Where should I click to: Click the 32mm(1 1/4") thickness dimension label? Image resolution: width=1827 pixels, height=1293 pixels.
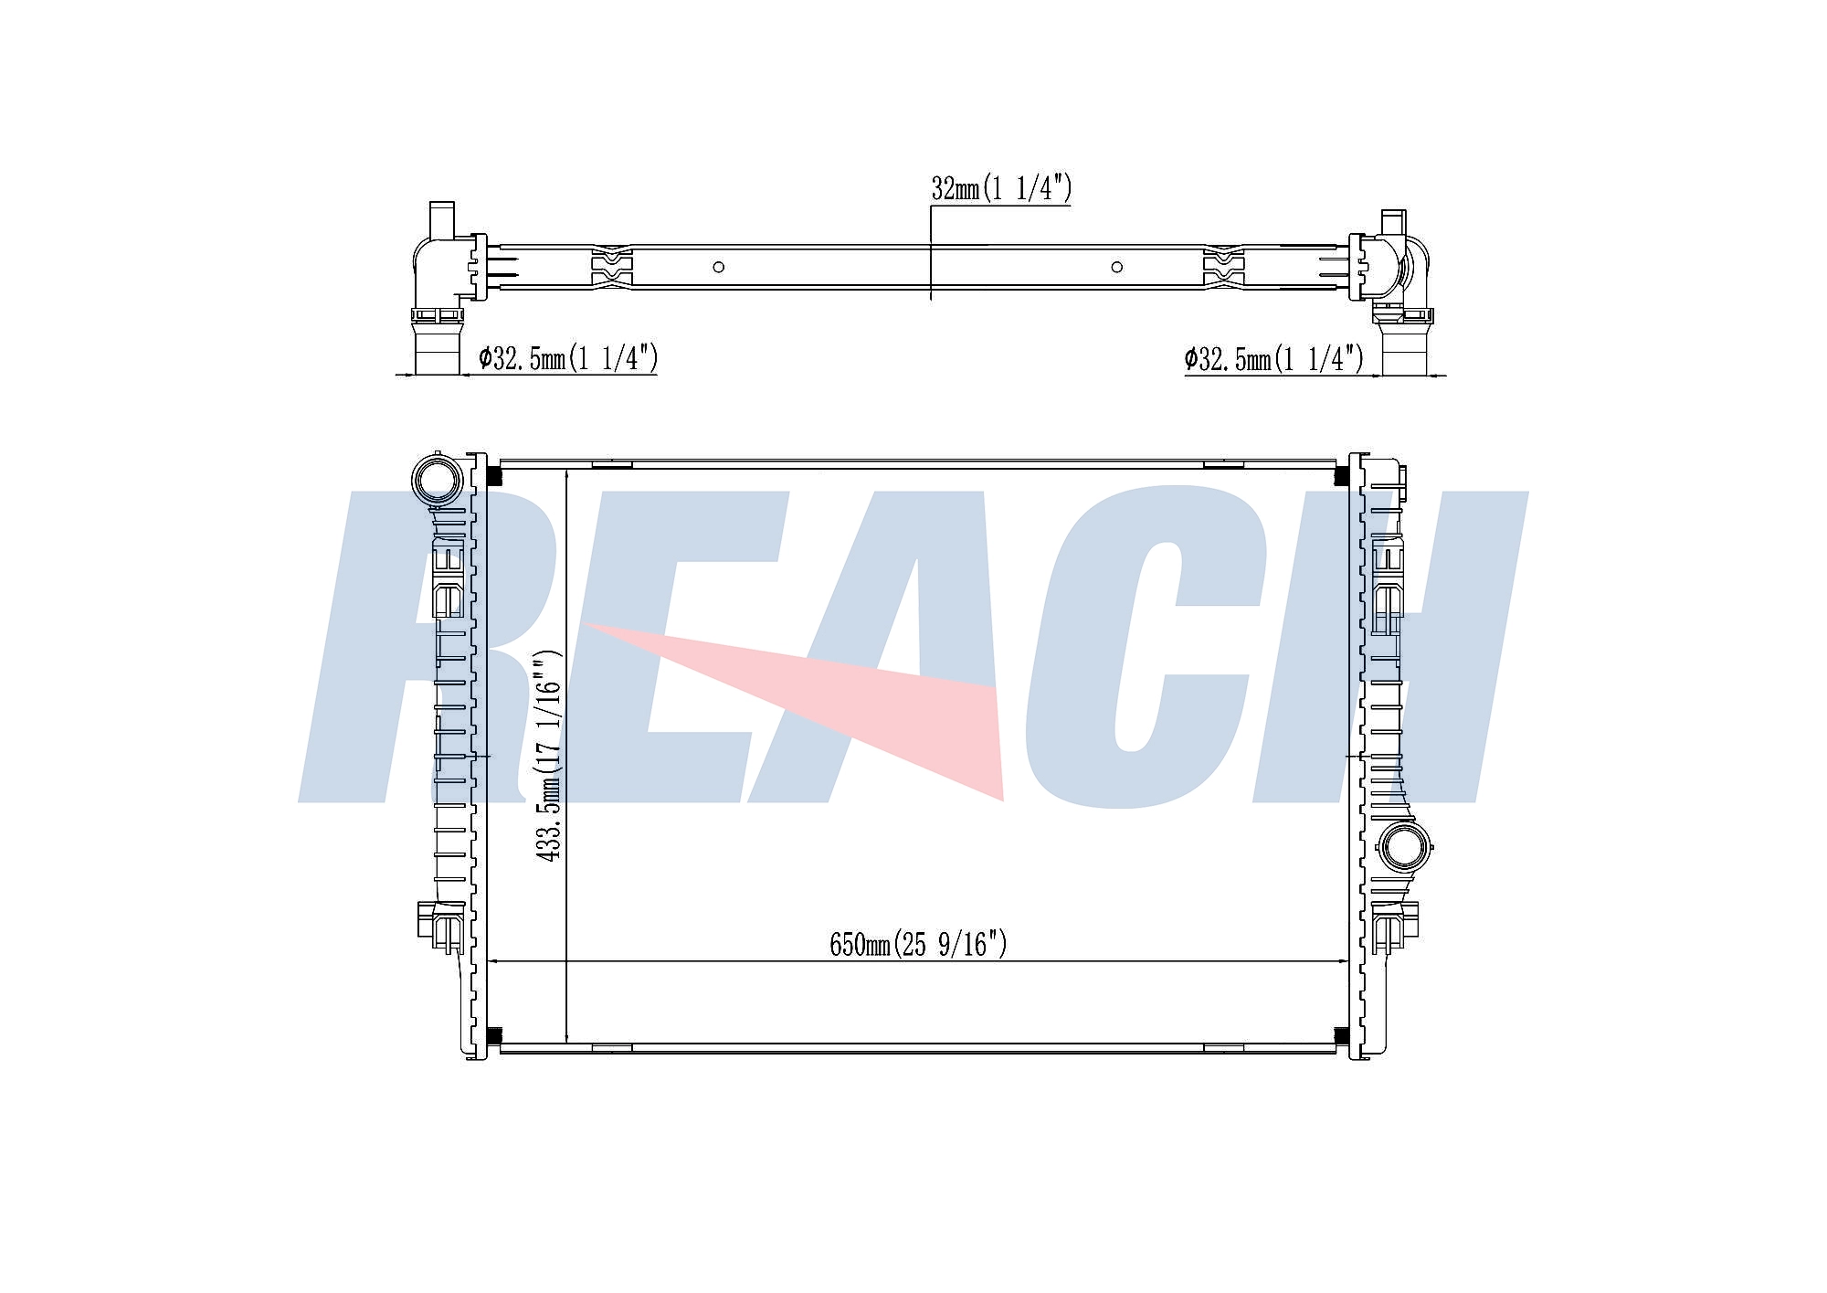click(1001, 188)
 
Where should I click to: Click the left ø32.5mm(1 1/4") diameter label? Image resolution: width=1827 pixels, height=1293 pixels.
click(568, 358)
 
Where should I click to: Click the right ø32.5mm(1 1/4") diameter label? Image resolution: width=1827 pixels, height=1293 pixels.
click(1274, 358)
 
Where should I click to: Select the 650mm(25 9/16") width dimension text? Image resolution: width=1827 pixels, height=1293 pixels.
click(918, 943)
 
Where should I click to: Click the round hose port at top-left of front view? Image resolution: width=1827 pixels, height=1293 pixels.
click(436, 478)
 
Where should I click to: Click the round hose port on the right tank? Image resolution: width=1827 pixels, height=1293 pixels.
click(1404, 846)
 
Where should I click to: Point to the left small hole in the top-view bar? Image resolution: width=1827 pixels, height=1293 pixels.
click(719, 267)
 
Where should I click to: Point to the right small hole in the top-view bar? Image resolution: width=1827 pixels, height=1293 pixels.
click(1116, 267)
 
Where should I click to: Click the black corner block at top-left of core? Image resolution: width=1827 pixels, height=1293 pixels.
click(493, 476)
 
